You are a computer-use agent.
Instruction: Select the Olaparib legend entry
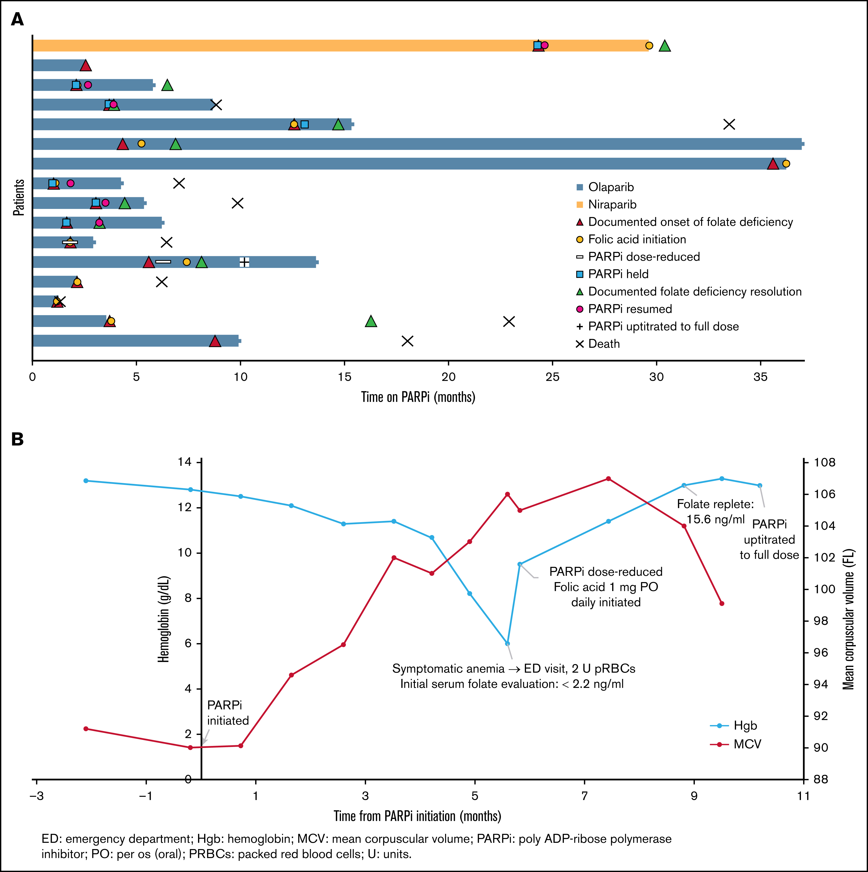coord(605,187)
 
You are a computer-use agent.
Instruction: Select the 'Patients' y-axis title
coord(19,197)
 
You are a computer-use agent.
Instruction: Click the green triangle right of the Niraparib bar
coord(664,46)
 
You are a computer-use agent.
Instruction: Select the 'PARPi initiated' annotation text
coord(228,713)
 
